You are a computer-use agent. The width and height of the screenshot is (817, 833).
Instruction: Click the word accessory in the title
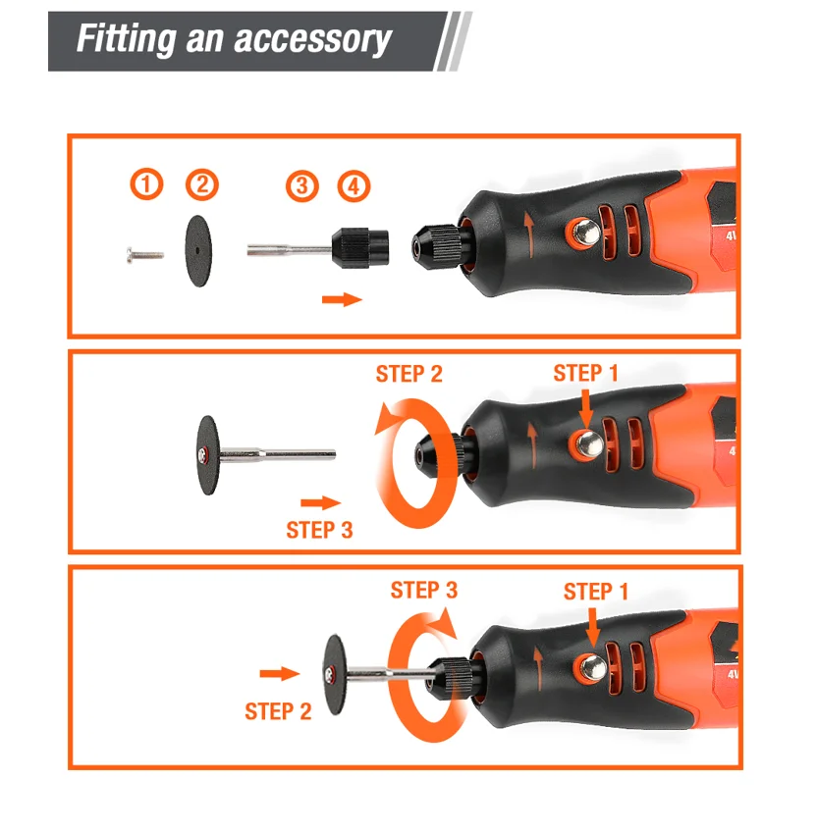[x=312, y=39]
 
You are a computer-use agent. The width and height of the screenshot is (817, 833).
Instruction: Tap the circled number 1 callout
[x=146, y=184]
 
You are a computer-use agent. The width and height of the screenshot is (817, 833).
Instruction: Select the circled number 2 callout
[x=202, y=184]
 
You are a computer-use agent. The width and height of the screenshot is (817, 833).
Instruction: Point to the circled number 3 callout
[x=301, y=186]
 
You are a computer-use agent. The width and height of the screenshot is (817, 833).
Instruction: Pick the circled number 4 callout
[x=354, y=186]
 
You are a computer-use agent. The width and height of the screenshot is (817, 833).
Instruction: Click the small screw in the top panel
[x=145, y=255]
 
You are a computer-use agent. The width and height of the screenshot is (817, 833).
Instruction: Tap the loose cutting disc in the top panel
[x=198, y=251]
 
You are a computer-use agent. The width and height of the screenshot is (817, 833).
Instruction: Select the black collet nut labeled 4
[x=360, y=247]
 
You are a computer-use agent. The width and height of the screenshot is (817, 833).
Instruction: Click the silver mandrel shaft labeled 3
[x=290, y=249]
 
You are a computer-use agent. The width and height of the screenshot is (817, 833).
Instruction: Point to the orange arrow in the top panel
[x=342, y=299]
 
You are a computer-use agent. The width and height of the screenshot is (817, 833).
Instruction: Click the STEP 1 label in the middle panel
[x=586, y=373]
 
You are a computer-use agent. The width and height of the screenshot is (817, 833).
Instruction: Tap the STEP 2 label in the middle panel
[x=408, y=374]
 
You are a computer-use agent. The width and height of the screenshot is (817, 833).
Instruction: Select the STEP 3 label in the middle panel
[x=319, y=530]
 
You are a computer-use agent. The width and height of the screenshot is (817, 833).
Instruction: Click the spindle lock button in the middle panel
[x=587, y=444]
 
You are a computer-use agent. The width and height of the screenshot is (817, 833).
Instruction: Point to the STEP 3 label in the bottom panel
[x=423, y=591]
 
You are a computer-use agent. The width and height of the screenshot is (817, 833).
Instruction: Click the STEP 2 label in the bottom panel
[x=278, y=712]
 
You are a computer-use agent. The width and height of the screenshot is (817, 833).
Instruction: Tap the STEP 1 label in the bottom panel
[x=596, y=592]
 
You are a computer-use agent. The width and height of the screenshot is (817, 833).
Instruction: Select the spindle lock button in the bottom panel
[x=592, y=667]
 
